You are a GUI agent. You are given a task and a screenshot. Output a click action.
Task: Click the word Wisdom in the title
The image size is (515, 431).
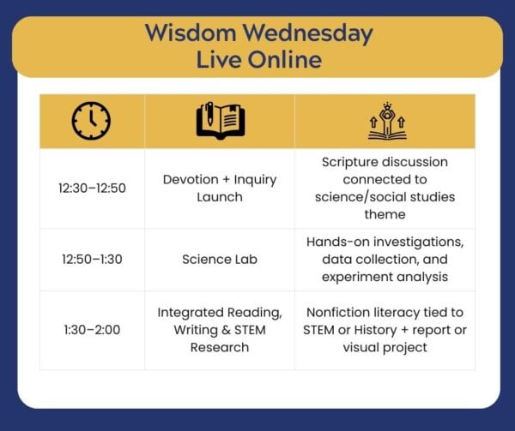[x=191, y=33]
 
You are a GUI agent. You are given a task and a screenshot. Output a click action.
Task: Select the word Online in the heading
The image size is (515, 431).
[x=285, y=60]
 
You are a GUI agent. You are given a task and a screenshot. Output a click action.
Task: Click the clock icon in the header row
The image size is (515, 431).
[x=91, y=121]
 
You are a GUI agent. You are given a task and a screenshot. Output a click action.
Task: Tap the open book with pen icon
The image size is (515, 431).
[x=221, y=121]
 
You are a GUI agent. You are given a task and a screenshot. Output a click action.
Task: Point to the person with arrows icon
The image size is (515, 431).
[x=387, y=121]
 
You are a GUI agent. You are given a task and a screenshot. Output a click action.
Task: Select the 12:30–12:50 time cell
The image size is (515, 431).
[x=93, y=189]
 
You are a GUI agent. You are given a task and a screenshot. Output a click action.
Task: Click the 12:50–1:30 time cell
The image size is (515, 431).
[x=93, y=260]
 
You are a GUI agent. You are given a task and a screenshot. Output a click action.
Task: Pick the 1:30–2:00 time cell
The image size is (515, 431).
[x=93, y=330]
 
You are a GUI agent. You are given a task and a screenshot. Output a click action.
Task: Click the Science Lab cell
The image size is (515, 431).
[x=220, y=260]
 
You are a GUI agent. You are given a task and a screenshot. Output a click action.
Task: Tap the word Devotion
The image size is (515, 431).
[x=191, y=179]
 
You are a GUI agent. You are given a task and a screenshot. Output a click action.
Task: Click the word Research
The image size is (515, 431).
[x=220, y=347]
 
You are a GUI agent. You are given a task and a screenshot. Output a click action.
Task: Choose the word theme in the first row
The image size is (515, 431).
[x=385, y=214]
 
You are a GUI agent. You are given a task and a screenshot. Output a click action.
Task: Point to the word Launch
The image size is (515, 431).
[x=220, y=197]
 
